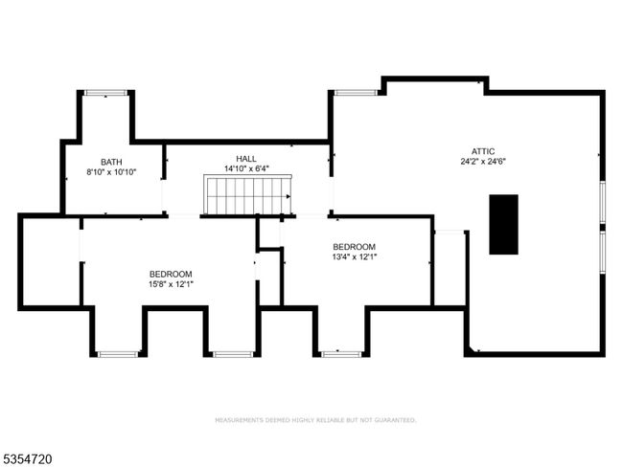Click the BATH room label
[x=111, y=162]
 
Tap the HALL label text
[x=246, y=159]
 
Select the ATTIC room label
[x=483, y=151]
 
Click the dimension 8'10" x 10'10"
[x=111, y=172]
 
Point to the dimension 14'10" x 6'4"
[x=246, y=168]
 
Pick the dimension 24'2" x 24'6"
[x=483, y=162]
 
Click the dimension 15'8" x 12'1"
[x=171, y=284]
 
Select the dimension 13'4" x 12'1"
[x=355, y=256]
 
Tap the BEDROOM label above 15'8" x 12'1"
[x=171, y=274]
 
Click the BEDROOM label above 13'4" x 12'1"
[x=355, y=247]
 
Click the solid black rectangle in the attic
[x=503, y=224]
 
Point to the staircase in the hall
[x=248, y=195]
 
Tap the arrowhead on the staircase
[x=288, y=196]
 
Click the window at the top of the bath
[x=105, y=93]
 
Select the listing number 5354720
[x=27, y=459]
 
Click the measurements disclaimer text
[x=316, y=420]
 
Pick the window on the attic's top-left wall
[x=356, y=93]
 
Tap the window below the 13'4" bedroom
[x=342, y=354]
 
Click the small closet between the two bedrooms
[x=269, y=278]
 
